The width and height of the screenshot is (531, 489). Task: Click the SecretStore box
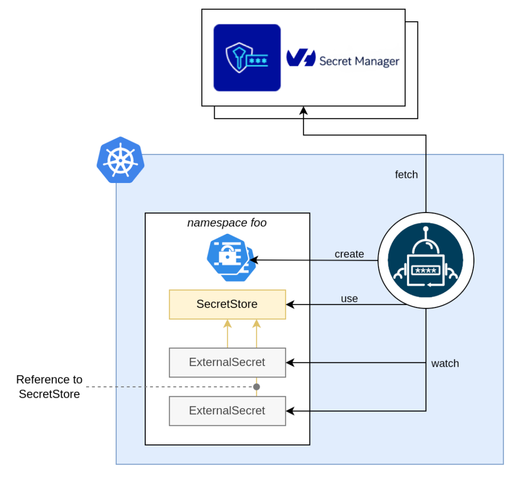click(x=227, y=304)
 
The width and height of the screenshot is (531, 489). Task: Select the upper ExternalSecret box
click(x=227, y=362)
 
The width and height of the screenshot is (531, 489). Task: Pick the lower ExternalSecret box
click(x=227, y=411)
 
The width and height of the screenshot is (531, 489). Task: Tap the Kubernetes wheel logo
click(x=120, y=160)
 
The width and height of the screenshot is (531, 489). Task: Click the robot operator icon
click(x=426, y=260)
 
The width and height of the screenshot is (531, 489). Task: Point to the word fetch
click(x=406, y=175)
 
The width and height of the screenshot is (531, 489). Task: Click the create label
click(x=349, y=254)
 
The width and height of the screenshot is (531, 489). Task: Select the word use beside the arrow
click(x=349, y=299)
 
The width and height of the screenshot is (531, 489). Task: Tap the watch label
click(x=445, y=364)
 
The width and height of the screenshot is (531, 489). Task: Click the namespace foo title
click(x=227, y=223)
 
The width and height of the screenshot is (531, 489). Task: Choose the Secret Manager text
click(x=359, y=61)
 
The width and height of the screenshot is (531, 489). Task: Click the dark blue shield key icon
click(x=247, y=58)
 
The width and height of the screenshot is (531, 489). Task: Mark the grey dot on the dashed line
click(x=256, y=387)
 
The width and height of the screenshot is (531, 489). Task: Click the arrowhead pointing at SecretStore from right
click(x=290, y=304)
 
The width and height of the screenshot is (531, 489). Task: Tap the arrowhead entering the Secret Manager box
click(x=303, y=110)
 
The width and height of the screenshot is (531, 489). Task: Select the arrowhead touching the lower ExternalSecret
click(x=290, y=411)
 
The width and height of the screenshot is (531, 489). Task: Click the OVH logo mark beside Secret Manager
click(x=300, y=58)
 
